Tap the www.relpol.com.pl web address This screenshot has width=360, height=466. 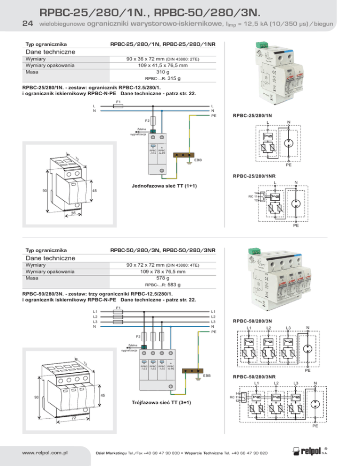(x=41, y=453)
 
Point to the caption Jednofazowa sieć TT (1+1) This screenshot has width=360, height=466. (x=164, y=186)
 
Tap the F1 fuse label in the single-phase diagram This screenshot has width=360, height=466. (x=118, y=102)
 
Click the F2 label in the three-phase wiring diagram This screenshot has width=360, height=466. (x=139, y=337)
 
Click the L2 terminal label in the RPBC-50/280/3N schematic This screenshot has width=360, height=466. (x=268, y=328)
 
